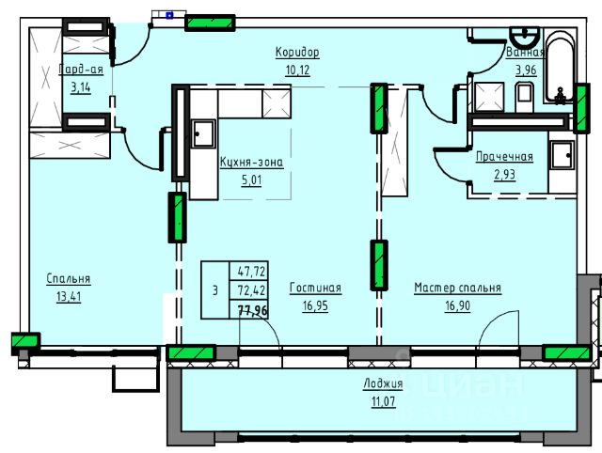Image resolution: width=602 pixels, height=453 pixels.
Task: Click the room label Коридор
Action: click(297, 53)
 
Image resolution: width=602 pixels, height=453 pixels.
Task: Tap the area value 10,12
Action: click(297, 70)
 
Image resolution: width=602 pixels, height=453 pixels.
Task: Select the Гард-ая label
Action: click(81, 70)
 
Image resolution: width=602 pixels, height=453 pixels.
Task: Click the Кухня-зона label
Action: click(251, 163)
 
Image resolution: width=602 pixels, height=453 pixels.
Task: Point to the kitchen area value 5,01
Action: click(251, 180)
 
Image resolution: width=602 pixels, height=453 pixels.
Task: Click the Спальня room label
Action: click(69, 279)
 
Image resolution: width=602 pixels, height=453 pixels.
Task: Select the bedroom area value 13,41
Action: click(69, 297)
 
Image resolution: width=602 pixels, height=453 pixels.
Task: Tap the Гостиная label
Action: click(315, 289)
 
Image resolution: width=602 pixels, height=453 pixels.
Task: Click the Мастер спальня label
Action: click(458, 289)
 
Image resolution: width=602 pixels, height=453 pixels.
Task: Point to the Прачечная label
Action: click(504, 157)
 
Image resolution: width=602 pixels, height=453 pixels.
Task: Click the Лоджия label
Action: click(383, 383)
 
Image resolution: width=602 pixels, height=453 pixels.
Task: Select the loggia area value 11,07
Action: click(383, 402)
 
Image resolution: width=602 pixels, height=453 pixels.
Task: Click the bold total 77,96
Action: click(253, 310)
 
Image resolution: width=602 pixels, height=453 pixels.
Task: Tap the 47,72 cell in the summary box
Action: click(252, 272)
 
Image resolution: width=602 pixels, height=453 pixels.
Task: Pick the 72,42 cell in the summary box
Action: click(252, 290)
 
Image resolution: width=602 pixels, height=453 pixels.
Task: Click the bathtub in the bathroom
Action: click(561, 66)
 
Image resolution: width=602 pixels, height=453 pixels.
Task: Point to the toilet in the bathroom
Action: click(524, 97)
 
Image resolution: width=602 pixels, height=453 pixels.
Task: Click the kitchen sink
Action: click(203, 133)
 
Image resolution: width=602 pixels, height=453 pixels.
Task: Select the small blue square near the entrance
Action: click(169, 15)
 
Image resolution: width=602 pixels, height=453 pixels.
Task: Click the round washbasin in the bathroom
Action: click(525, 36)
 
